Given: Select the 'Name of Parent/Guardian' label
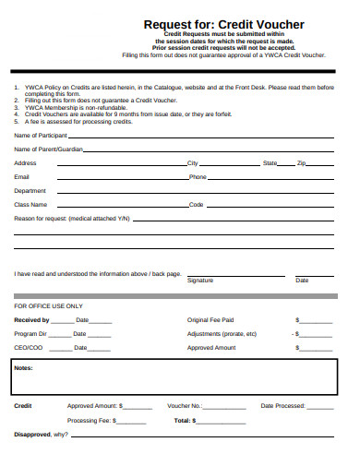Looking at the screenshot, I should [x=48, y=149].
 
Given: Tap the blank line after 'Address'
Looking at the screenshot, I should [x=120, y=163].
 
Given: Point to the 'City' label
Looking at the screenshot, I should [x=193, y=162].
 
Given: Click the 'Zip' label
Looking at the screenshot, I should [x=301, y=162].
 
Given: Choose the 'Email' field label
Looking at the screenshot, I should [x=22, y=176].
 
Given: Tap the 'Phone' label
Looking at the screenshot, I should [x=198, y=176].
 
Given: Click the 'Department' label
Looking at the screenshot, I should [x=30, y=190].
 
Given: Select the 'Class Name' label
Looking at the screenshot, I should [x=30, y=204].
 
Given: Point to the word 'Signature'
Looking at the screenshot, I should [x=200, y=280].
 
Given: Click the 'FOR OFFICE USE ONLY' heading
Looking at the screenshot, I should [x=48, y=305].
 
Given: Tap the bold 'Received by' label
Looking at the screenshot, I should [x=31, y=319].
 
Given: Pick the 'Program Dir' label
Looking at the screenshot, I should [x=30, y=333].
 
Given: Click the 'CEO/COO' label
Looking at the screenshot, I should [x=28, y=348].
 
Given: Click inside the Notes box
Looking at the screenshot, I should [x=175, y=378].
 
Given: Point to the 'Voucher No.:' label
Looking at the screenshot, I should [x=185, y=406].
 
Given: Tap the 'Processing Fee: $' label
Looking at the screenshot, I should [x=90, y=420].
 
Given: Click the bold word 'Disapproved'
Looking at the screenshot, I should [x=33, y=434].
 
